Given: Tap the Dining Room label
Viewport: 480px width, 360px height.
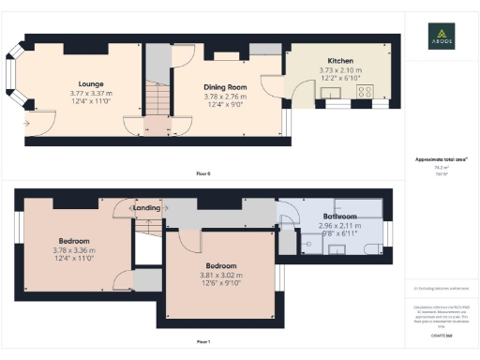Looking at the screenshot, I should click(224, 86).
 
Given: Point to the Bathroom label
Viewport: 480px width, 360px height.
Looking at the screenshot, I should click(339, 217).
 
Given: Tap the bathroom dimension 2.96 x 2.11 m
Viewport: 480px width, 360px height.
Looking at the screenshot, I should click(339, 226).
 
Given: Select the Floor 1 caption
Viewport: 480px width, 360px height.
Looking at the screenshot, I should click(202, 342).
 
